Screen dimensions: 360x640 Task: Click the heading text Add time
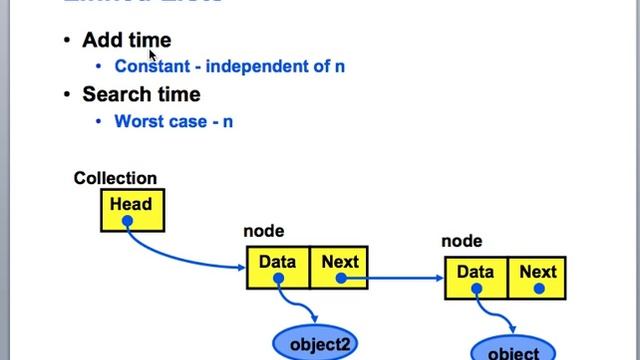coord(126,40)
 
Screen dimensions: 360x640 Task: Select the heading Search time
coord(141,94)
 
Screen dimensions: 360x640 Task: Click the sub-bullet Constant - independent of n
coord(230,67)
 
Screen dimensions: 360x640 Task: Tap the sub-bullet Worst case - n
coord(174,121)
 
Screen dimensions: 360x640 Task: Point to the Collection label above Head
coord(115,178)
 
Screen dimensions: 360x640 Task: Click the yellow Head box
coord(131,211)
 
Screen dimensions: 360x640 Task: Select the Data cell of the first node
coord(278,268)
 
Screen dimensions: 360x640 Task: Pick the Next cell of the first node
coord(339,268)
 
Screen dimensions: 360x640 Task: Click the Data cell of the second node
coord(476,277)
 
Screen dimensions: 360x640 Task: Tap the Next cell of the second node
coord(538,277)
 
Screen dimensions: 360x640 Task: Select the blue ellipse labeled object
coord(512,350)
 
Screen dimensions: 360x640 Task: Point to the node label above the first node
coord(264,231)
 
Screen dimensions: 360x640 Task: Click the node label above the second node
coord(462,241)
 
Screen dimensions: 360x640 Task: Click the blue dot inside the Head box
coord(127,222)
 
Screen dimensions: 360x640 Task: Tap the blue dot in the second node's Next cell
coord(538,289)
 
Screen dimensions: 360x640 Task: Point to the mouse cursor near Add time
coord(153,55)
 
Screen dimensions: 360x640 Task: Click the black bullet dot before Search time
coord(67,95)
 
